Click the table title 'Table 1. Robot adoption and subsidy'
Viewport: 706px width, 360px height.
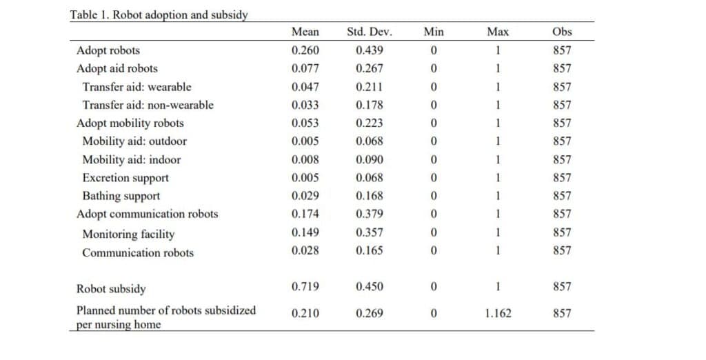tap(159, 15)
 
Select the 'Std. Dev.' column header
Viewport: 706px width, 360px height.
tap(370, 32)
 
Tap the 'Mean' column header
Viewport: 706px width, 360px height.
tap(305, 32)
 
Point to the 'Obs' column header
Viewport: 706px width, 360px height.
tap(562, 32)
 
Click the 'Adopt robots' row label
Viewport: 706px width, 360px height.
tap(108, 50)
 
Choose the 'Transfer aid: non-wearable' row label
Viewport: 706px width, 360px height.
tap(148, 105)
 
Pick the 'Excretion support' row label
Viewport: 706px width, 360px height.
tap(125, 178)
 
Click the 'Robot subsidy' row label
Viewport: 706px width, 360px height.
tap(111, 289)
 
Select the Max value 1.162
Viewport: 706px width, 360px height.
tap(498, 313)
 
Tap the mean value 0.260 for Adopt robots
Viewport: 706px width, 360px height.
tap(305, 50)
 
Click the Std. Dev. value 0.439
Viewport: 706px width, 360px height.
tap(370, 50)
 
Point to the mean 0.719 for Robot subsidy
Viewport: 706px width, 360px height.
tap(305, 287)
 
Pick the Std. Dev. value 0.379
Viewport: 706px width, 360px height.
tap(370, 214)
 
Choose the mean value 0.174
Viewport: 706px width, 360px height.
tap(305, 214)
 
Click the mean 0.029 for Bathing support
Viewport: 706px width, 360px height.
tap(305, 196)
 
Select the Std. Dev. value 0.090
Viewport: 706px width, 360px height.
tap(370, 159)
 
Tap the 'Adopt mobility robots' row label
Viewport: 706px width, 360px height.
tap(130, 123)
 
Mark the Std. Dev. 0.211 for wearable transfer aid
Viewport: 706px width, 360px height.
tap(370, 87)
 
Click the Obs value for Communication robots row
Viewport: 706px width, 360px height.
tap(562, 250)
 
